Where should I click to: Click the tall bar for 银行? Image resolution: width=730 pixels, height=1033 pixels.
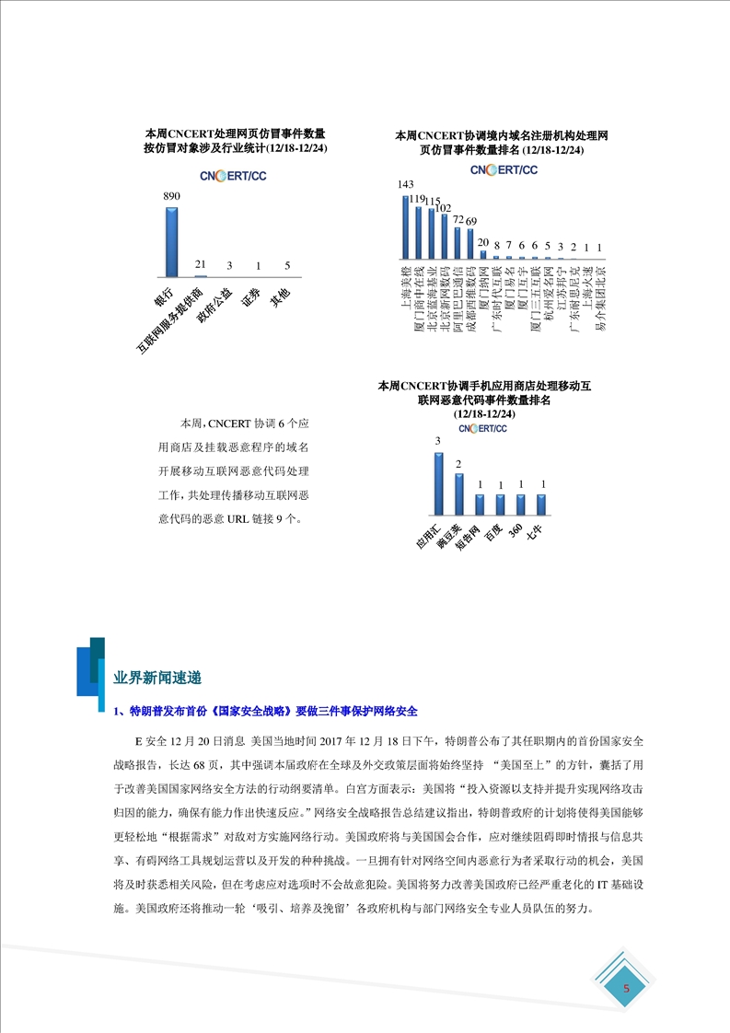click(171, 241)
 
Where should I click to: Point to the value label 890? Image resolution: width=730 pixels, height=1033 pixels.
click(171, 196)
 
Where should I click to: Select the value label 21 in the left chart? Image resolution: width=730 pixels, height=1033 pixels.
click(200, 264)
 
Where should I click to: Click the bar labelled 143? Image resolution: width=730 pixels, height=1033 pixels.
click(406, 226)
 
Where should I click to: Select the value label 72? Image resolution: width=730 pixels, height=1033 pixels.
click(458, 222)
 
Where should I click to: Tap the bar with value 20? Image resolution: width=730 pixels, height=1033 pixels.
click(483, 253)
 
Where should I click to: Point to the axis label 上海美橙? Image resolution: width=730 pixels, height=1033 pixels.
click(406, 284)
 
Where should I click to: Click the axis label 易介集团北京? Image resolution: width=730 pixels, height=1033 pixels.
click(599, 298)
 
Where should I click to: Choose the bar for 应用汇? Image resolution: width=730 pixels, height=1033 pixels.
click(439, 482)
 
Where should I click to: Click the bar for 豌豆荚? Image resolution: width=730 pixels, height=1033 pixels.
click(459, 493)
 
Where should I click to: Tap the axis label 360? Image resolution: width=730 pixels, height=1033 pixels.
click(518, 531)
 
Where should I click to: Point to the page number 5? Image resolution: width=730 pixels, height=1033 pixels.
click(627, 989)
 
